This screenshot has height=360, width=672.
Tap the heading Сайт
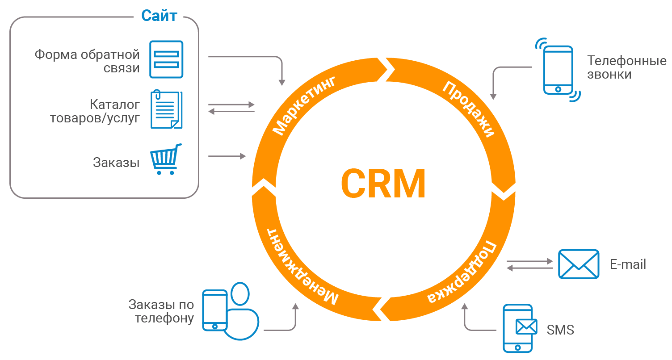coord(159,16)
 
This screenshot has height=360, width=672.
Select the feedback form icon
coord(166,59)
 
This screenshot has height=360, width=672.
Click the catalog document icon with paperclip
coord(166,110)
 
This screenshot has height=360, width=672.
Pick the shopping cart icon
coord(166,159)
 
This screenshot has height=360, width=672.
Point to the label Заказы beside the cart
coord(116,163)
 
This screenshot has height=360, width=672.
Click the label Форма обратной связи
coord(87,62)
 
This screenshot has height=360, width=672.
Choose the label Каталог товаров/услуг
coord(95,112)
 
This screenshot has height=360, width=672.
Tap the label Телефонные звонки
coord(626,67)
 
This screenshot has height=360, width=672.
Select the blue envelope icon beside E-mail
coord(579,264)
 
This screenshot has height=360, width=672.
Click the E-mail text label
coord(628,264)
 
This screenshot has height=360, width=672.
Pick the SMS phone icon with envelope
coord(518,328)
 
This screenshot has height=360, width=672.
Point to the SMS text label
coord(560,330)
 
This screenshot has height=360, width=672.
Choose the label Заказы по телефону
coord(161,311)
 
